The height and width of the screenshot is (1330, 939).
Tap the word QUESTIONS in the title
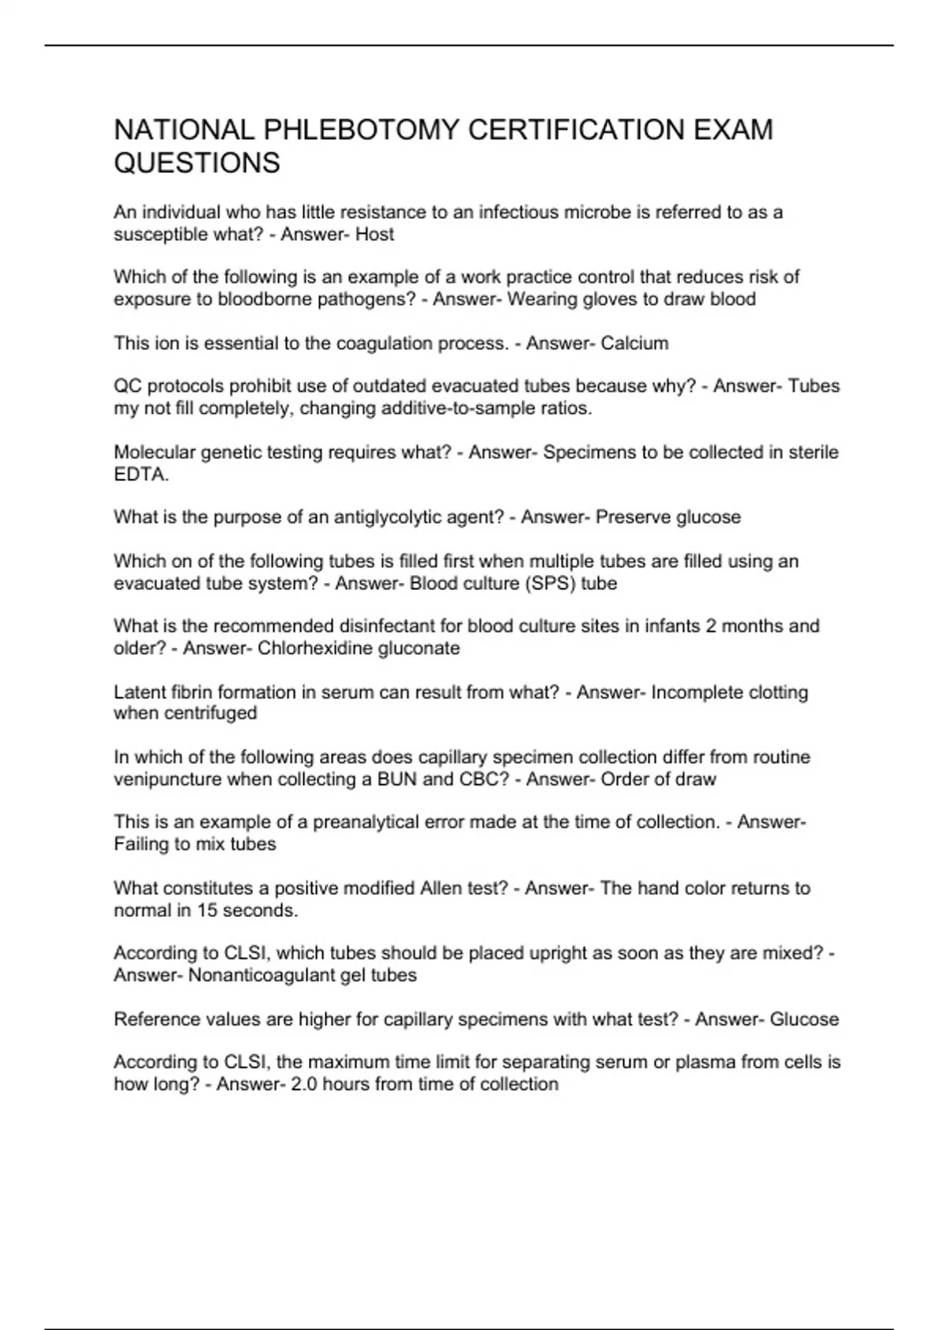[x=196, y=163]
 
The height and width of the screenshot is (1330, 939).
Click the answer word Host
[x=375, y=234]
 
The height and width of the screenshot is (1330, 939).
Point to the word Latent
[x=139, y=692]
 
